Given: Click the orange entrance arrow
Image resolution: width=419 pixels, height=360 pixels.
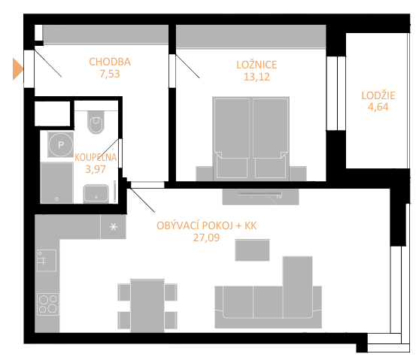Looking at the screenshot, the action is pos(17,69).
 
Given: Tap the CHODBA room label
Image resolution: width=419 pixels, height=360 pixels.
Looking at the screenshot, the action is pos(110,62).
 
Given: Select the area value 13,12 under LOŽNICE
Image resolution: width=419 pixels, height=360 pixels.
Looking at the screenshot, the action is pos(257,77).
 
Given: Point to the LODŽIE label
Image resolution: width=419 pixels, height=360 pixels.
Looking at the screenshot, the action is pos(378,95).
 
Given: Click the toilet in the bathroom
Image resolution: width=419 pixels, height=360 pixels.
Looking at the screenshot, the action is pos(96,123).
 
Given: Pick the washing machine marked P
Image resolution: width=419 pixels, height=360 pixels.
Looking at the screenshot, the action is pos(61,144).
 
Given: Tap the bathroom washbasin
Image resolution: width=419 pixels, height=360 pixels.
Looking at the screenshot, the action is pos(96,194).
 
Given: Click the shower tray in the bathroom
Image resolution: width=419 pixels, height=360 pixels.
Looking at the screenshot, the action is pos(56,183).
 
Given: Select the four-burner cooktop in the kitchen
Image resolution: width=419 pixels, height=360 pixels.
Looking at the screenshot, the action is pos(48,304).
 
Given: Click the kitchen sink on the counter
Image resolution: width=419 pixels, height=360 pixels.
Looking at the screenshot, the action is pos(47,260).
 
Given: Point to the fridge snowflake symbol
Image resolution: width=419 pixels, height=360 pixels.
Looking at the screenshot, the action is pos(114,227).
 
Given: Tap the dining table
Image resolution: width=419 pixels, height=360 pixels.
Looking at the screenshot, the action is pos(147,306).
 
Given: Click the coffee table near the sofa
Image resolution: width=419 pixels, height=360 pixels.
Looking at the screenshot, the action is pos(252,250).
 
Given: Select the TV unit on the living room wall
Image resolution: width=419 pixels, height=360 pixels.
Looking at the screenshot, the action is pos(260,197).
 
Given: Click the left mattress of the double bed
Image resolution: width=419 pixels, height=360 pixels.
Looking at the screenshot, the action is pos(232,129).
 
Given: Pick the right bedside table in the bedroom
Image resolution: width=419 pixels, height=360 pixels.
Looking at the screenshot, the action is pos(298,174).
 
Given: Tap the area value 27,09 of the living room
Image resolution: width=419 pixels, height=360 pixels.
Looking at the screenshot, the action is pos(206,237).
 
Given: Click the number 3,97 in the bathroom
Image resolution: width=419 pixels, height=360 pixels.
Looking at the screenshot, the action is pos(96,169).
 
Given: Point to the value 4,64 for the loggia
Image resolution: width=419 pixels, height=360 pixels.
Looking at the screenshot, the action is pos(378,107).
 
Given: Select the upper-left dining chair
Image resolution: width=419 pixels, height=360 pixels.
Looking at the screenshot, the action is pos(124,292).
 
